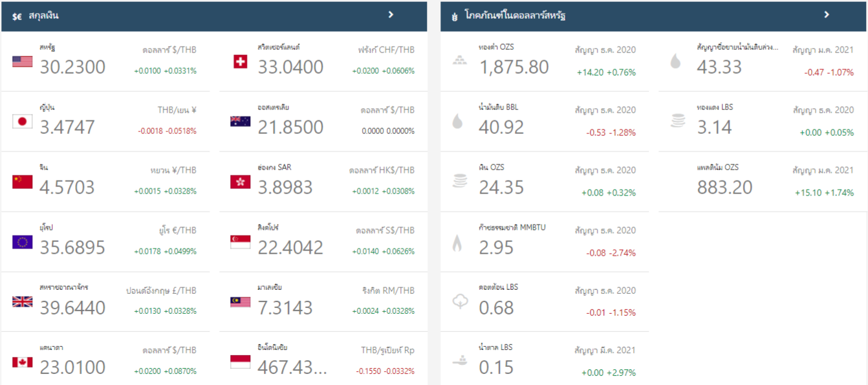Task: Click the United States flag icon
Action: tap(22, 61)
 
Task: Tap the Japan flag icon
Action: tap(22, 121)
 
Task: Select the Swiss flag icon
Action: tap(240, 61)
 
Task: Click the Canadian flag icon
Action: tap(22, 362)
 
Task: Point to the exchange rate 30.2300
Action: tap(72, 67)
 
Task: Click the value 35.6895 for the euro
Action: tap(72, 247)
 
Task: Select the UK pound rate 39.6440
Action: tap(72, 307)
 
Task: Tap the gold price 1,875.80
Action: tap(514, 67)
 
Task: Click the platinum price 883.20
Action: tap(724, 188)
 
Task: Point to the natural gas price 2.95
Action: tap(496, 247)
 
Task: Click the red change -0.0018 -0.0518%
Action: tap(167, 131)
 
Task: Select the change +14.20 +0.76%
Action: tap(606, 72)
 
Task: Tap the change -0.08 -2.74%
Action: tap(611, 252)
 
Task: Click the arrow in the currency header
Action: tap(391, 15)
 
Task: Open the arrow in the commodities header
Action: tap(826, 15)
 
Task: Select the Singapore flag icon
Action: tap(240, 242)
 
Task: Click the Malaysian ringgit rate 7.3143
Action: tap(285, 307)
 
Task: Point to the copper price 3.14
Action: tap(714, 127)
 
